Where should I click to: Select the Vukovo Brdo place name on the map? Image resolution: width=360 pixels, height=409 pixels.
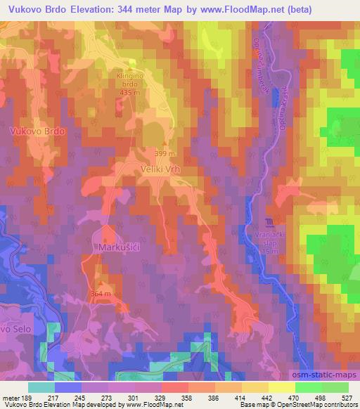pos(37,131)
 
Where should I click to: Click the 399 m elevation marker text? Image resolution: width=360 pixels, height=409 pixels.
pos(165,152)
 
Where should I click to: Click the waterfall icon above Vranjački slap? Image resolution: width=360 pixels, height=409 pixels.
pos(265,223)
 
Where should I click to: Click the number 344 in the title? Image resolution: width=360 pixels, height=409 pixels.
pos(138,8)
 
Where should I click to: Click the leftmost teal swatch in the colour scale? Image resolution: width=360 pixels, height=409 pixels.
pos(41,387)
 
